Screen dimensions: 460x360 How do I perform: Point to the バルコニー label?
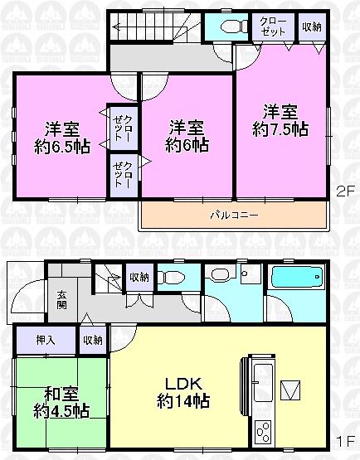pyautogui.click(x=233, y=214)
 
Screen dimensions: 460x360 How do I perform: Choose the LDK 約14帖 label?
pyautogui.click(x=183, y=391)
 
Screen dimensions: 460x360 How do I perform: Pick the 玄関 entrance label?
pyautogui.click(x=63, y=299)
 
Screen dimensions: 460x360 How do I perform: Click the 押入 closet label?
pyautogui.click(x=45, y=340)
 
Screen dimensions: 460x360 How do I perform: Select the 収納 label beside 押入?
pyautogui.click(x=92, y=340)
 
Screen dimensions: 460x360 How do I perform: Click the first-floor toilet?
pyautogui.click(x=173, y=277)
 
